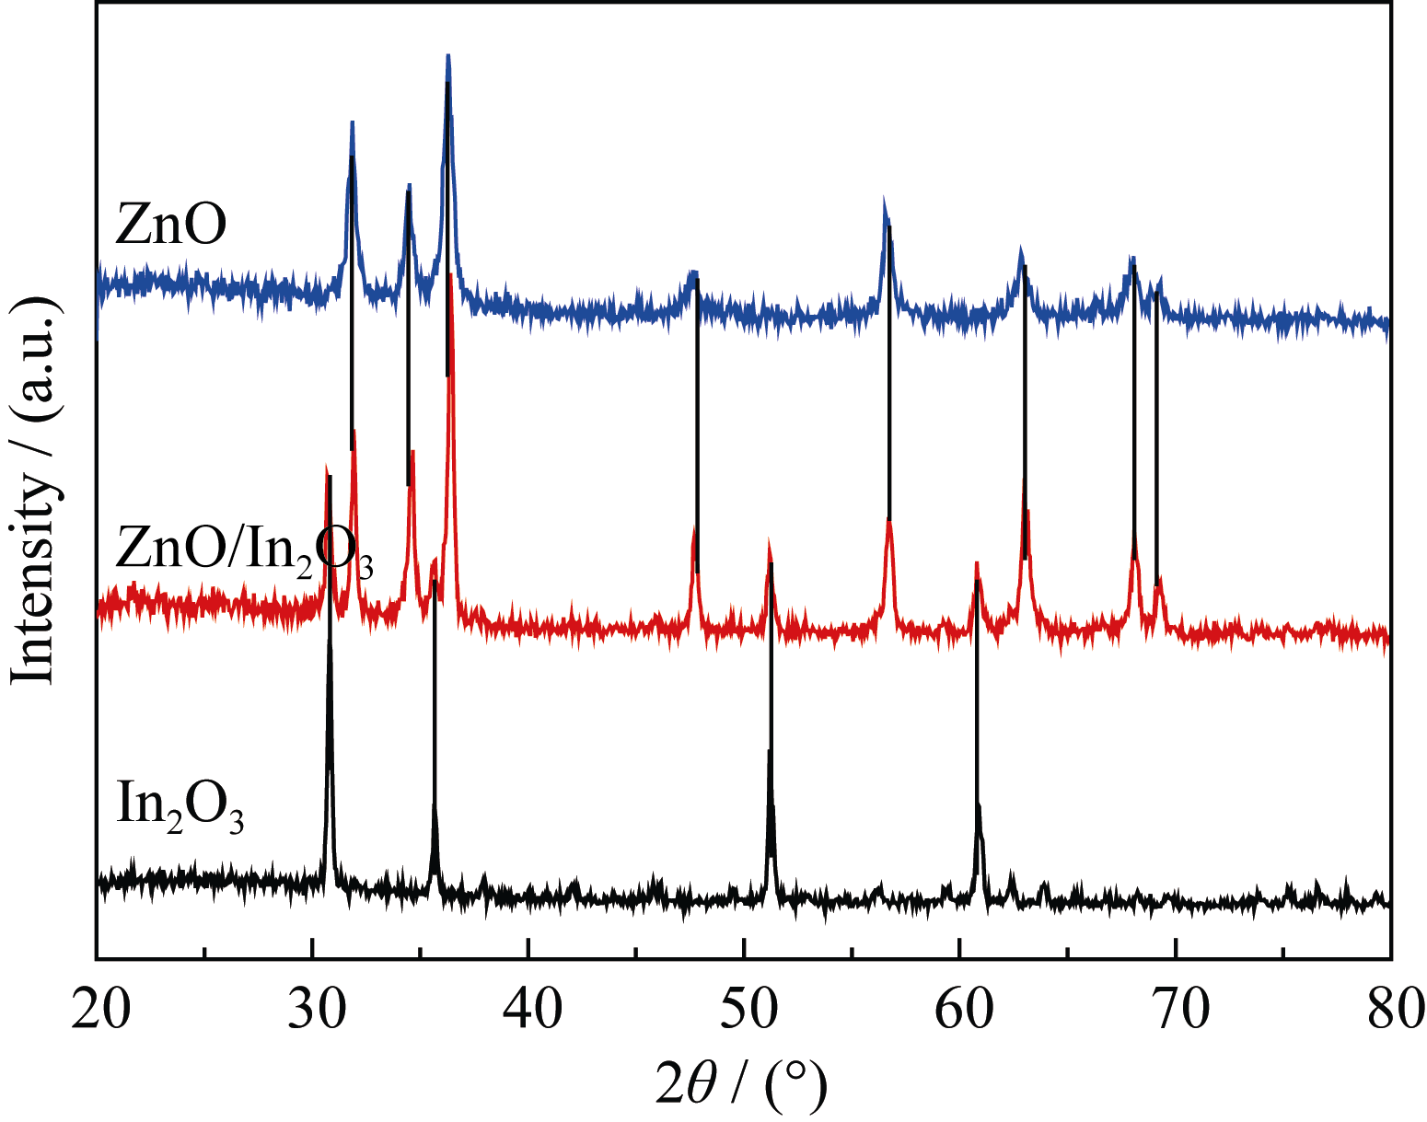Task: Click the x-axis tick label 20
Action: coord(99,1010)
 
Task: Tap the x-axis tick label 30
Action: coord(313,1010)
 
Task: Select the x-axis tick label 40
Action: coord(528,1010)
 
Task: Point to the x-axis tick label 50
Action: coord(744,1010)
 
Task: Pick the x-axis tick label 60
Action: coord(959,1010)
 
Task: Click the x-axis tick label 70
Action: coord(1176,1010)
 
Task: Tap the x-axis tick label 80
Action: coord(1390,1010)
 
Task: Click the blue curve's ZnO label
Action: coord(170,226)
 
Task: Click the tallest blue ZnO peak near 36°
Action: coord(448,57)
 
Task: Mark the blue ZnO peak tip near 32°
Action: coord(352,122)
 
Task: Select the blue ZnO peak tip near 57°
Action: coord(885,201)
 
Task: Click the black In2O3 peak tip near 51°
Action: coord(770,751)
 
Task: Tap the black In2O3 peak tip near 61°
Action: coord(979,805)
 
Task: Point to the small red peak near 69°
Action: coord(1159,580)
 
